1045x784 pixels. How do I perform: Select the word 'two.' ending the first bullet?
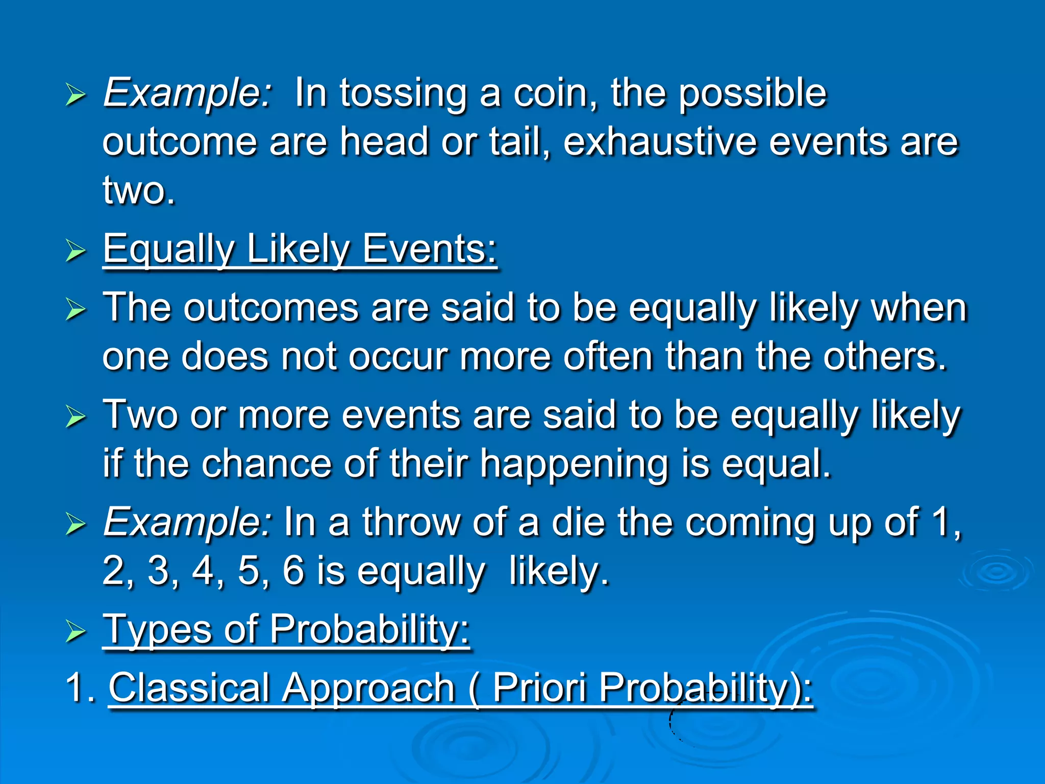click(x=139, y=190)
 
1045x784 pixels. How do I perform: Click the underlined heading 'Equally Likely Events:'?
click(x=300, y=249)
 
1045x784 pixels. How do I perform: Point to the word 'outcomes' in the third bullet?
click(x=271, y=308)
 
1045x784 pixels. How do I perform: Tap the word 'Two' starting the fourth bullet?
click(x=140, y=415)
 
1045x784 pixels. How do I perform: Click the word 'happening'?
click(x=574, y=464)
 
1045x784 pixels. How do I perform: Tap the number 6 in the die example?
click(x=293, y=571)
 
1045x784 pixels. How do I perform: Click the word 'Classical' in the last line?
click(x=189, y=688)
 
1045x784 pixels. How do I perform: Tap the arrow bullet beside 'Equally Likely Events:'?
click(x=76, y=251)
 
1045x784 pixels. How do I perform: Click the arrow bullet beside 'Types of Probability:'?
click(x=76, y=631)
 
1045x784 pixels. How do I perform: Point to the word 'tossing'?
click(x=403, y=94)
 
